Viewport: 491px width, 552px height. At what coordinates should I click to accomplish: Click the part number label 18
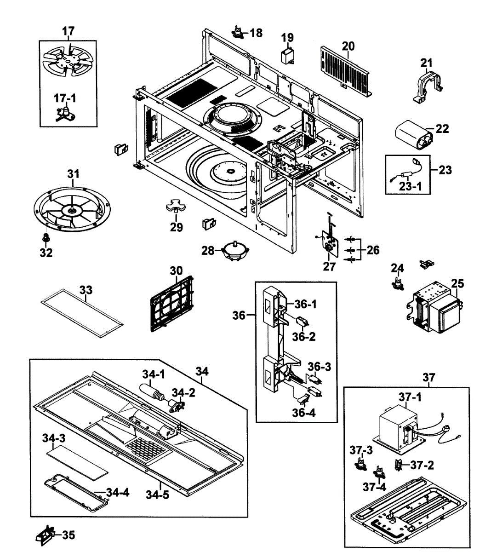click(x=256, y=33)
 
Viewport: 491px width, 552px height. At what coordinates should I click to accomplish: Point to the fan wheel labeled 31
click(x=73, y=209)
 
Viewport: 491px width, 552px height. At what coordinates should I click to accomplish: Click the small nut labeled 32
click(x=46, y=238)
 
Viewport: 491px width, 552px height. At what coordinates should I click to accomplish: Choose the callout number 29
click(x=177, y=227)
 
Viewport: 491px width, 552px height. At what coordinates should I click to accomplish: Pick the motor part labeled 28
click(x=235, y=251)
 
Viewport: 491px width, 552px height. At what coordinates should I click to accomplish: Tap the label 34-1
click(x=154, y=374)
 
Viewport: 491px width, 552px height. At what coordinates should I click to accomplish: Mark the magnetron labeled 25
click(x=437, y=308)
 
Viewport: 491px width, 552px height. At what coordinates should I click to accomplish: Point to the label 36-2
click(x=304, y=336)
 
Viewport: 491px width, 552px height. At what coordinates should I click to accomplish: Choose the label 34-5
click(x=157, y=494)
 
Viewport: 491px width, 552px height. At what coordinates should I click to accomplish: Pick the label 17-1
click(x=65, y=98)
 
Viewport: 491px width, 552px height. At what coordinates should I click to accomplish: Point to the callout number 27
click(x=329, y=266)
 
